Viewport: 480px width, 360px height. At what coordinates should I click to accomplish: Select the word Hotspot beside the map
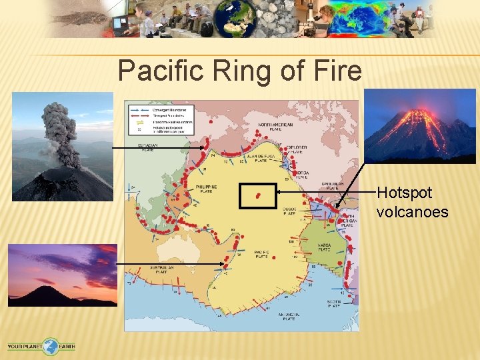pos(405,193)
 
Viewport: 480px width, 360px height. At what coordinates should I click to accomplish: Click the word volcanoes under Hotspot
pos(412,212)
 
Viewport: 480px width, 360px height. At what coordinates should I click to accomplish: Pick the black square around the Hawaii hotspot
pos(258,196)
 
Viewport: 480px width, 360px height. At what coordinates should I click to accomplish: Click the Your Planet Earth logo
pos(41,346)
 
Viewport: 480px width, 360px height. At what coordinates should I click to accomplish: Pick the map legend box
pos(159,118)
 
